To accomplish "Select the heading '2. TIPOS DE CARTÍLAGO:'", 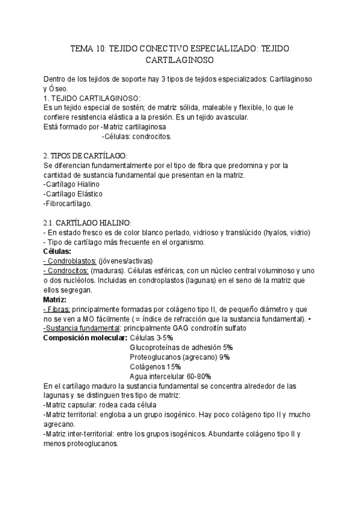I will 86,155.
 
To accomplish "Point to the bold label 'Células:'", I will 58,251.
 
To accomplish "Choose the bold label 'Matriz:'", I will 55,300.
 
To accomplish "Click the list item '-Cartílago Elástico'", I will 73,194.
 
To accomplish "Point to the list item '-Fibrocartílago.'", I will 68,203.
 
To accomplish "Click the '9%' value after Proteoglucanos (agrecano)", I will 225,357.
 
